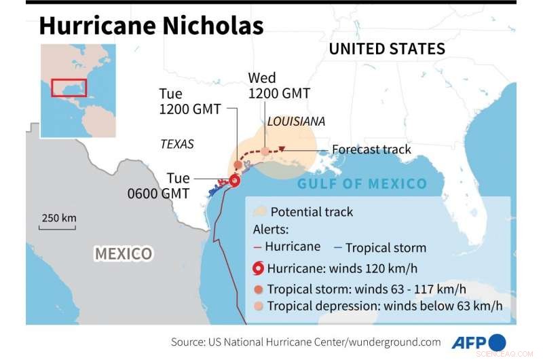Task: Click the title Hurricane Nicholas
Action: [151, 26]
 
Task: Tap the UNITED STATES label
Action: [387, 49]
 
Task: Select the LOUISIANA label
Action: [296, 122]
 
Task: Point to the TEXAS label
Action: [177, 144]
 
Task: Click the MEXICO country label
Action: [123, 254]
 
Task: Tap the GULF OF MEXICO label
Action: [362, 183]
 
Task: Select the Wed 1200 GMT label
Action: [279, 85]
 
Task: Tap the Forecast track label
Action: [371, 149]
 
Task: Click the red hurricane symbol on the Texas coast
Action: [234, 181]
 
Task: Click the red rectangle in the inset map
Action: [69, 88]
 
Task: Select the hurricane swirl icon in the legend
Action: [259, 268]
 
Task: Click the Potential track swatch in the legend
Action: [259, 211]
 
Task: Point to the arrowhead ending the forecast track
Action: [282, 149]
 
